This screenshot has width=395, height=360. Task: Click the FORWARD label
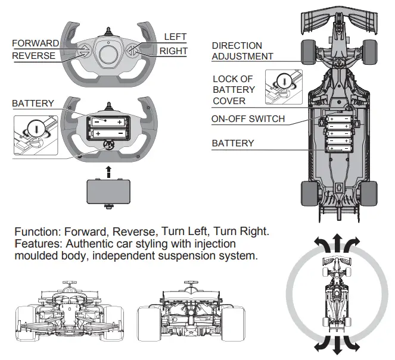pyautogui.click(x=35, y=43)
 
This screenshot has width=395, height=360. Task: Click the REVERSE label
pyautogui.click(x=33, y=56)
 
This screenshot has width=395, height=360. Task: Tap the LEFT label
pyautogui.click(x=175, y=37)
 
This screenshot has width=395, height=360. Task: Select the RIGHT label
pyautogui.click(x=173, y=51)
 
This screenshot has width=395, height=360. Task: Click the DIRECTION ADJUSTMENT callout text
pyautogui.click(x=242, y=51)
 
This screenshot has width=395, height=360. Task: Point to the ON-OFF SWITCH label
pyautogui.click(x=248, y=119)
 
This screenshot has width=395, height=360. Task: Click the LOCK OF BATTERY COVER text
pyautogui.click(x=234, y=90)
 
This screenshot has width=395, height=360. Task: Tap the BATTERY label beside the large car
pyautogui.click(x=233, y=143)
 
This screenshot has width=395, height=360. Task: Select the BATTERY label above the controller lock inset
pyautogui.click(x=33, y=104)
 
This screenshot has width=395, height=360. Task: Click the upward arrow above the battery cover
pyautogui.click(x=108, y=172)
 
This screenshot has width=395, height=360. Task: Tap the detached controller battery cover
pyautogui.click(x=108, y=192)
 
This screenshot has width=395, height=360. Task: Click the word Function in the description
pyautogui.click(x=36, y=231)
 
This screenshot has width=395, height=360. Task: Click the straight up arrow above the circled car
pyautogui.click(x=337, y=243)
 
